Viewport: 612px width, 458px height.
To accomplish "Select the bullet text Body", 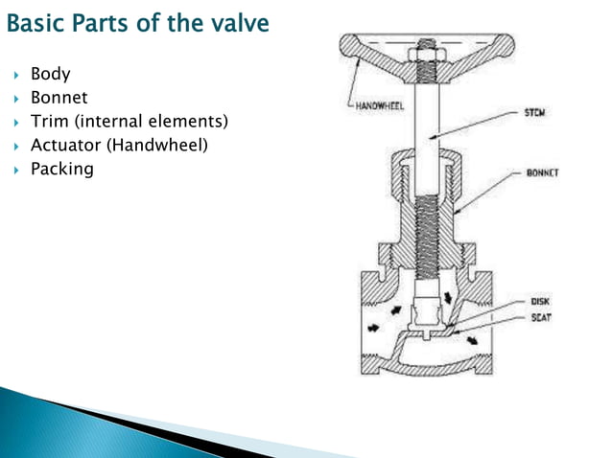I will [51, 74].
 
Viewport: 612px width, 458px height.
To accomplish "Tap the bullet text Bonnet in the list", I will [59, 98].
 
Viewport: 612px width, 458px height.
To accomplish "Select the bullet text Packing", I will [62, 170].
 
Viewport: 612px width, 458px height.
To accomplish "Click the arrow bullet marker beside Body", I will [16, 75].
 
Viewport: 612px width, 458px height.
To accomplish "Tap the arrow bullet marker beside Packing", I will [16, 171].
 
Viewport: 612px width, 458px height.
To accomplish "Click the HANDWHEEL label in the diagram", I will [377, 105].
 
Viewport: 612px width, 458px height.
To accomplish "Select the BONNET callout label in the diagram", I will [543, 173].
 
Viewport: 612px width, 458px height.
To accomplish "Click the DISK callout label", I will [540, 301].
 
